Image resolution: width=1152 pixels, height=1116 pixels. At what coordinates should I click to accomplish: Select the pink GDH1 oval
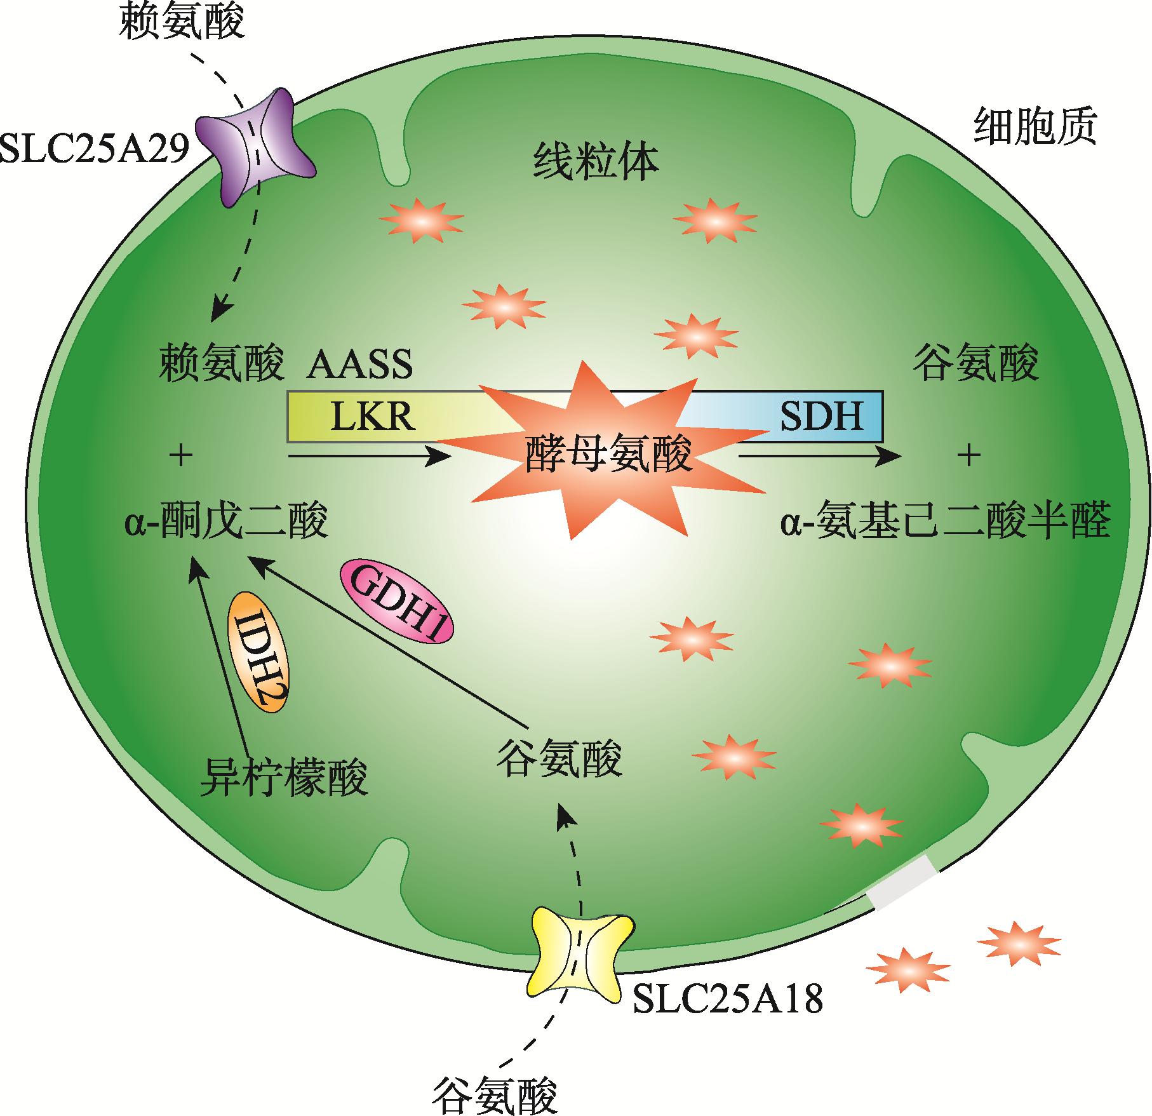coord(398,601)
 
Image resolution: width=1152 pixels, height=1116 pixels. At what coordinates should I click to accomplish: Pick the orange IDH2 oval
coord(259,652)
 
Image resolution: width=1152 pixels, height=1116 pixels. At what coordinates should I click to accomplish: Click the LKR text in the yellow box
coord(373,417)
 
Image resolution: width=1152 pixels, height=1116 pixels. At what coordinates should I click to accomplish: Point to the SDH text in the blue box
coord(821,417)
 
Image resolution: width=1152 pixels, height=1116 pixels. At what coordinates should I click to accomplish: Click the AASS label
coord(359,365)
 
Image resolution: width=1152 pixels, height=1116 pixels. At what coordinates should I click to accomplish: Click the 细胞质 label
coord(1035,126)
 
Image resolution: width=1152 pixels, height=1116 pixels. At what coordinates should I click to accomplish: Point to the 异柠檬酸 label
coord(284,777)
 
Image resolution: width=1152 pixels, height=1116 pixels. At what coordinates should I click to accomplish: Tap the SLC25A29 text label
coord(94,149)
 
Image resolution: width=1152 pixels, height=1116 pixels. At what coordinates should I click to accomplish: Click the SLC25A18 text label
coord(728,998)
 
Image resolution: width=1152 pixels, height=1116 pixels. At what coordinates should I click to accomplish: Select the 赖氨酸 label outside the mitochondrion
coord(182,20)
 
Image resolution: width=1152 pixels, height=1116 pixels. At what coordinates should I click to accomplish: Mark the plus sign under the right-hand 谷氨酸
coord(969,455)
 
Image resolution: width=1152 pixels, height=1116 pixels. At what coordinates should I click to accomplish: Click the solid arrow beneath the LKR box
coord(368,455)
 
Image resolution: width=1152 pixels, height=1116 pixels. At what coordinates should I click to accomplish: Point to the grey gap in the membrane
coord(902,882)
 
